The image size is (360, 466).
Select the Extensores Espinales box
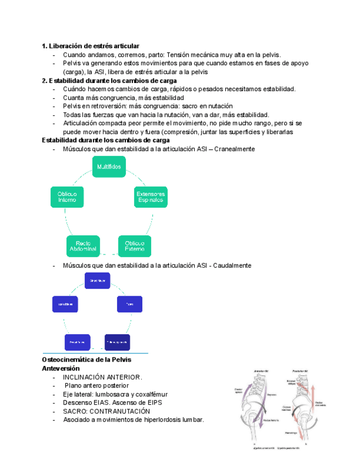click(x=150, y=197)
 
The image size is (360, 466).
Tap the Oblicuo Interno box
click(x=67, y=197)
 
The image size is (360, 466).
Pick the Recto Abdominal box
click(x=83, y=246)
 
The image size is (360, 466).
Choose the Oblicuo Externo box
click(x=135, y=246)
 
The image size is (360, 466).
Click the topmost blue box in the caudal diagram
click(x=98, y=280)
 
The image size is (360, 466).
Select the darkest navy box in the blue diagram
click(x=117, y=342)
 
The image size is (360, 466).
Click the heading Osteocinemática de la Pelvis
click(x=86, y=359)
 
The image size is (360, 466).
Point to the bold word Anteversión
click(x=61, y=368)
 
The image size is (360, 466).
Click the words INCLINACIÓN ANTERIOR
click(x=102, y=377)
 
